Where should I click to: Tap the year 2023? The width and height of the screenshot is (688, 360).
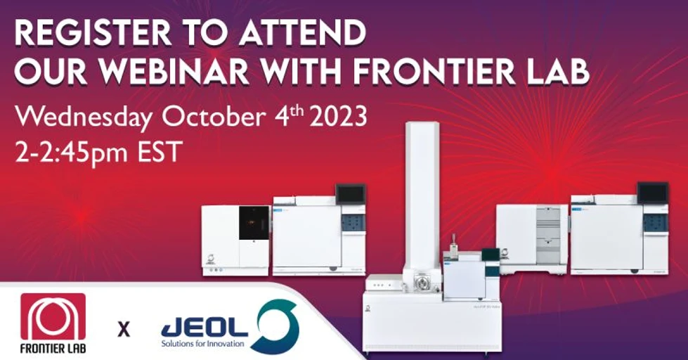pos(332,116)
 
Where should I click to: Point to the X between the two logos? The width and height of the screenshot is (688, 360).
pos(124,328)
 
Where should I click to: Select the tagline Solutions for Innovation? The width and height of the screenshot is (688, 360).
pos(202,344)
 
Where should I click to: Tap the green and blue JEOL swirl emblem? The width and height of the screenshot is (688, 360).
pos(275,326)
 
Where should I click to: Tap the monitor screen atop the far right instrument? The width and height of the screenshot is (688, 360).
pos(652,193)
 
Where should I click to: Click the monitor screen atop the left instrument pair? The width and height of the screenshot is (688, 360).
pos(351,193)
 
